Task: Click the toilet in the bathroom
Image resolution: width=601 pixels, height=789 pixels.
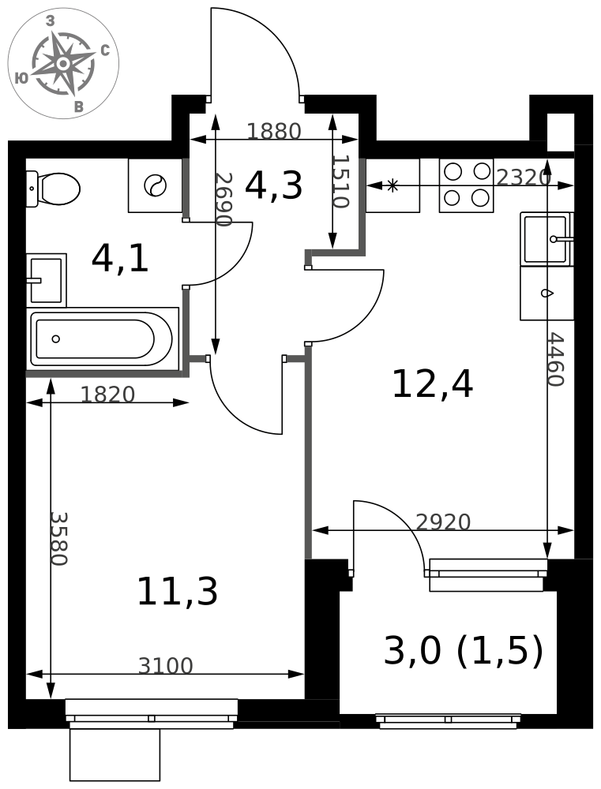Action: click(x=53, y=189)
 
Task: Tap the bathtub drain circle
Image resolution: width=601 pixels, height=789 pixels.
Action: click(x=56, y=338)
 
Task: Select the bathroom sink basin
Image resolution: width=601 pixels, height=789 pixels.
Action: click(x=47, y=280)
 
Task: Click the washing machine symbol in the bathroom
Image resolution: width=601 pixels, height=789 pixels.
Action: click(x=155, y=185)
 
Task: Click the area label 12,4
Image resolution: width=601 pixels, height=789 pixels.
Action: click(x=432, y=384)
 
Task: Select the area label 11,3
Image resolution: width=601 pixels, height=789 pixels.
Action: click(x=178, y=591)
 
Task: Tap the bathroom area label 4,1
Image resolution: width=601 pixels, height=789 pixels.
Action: click(x=120, y=259)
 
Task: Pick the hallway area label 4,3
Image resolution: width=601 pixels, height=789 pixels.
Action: click(x=273, y=185)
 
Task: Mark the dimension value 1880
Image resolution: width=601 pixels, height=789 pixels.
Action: click(x=273, y=131)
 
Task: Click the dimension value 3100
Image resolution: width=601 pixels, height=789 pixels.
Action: click(x=165, y=666)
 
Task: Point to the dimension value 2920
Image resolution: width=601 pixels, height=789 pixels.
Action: click(x=443, y=522)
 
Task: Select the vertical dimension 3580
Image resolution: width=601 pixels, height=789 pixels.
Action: click(x=59, y=539)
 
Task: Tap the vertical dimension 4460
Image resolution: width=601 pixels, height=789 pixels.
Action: click(x=556, y=359)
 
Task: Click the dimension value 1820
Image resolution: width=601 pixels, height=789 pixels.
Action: click(x=108, y=394)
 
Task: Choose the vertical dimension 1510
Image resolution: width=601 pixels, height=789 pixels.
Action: click(x=340, y=181)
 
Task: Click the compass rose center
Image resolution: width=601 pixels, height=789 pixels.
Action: click(x=63, y=64)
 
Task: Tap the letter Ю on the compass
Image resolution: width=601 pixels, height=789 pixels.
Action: click(x=21, y=77)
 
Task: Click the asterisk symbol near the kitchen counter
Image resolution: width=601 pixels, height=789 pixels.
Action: click(x=393, y=185)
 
